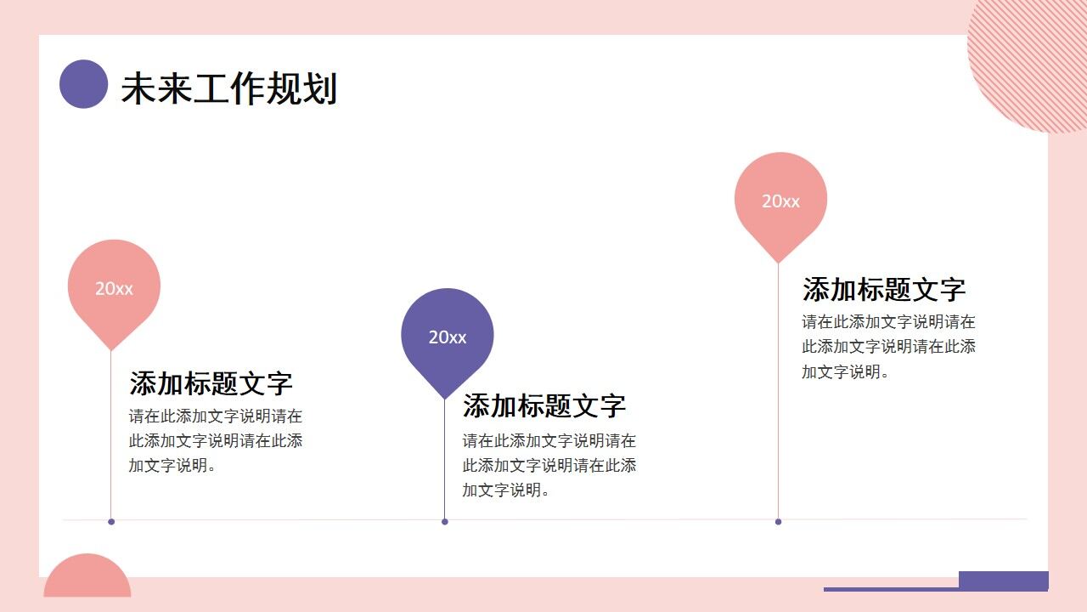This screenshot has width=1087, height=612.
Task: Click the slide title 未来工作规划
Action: click(228, 88)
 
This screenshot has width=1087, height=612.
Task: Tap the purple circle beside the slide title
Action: click(83, 84)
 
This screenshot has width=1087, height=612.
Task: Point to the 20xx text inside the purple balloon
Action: click(447, 337)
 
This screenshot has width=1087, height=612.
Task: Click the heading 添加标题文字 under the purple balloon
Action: click(543, 406)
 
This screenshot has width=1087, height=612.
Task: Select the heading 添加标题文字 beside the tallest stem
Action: click(883, 289)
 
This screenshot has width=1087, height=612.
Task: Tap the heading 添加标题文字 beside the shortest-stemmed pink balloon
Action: click(211, 383)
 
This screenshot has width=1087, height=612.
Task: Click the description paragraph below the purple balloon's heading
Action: click(549, 465)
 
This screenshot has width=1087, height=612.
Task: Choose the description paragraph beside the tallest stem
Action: click(888, 346)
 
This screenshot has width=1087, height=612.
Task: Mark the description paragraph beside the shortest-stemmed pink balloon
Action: click(215, 440)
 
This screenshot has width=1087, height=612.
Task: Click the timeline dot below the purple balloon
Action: click(444, 522)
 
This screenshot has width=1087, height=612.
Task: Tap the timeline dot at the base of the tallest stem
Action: click(778, 522)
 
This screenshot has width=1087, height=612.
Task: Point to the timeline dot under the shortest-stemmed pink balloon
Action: click(111, 522)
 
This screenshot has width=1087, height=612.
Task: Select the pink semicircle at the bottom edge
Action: click(87, 579)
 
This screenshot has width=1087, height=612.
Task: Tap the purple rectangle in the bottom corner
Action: click(1003, 580)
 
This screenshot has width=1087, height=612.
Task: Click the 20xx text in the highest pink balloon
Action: click(780, 201)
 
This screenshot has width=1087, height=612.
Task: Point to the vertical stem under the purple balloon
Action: click(444, 459)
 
